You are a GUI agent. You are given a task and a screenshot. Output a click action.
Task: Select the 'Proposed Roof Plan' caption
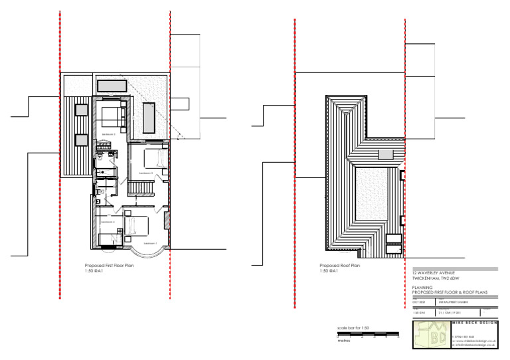(339, 265)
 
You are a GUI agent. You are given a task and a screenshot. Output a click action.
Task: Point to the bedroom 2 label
(145, 173)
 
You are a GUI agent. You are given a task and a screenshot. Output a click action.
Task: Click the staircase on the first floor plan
(141, 190)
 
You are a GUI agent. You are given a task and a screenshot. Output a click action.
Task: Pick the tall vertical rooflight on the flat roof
(149, 119)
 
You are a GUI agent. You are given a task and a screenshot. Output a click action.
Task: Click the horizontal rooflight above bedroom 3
(112, 86)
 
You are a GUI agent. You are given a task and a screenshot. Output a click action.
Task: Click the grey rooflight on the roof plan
(386, 154)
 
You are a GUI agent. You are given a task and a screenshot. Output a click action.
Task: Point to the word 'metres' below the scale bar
(344, 343)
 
